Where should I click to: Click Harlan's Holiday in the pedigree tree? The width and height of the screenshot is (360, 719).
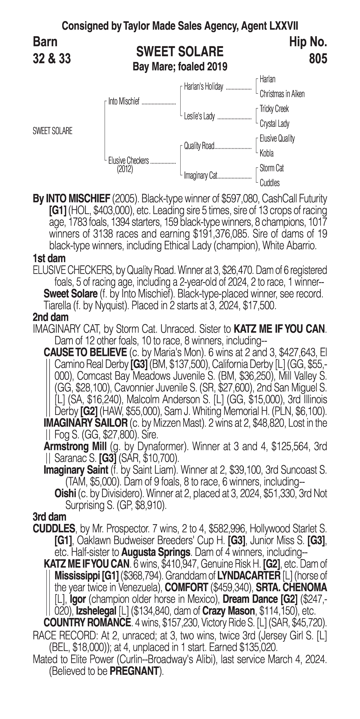tap(203, 87)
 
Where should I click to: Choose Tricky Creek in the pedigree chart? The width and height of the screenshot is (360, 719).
tap(274, 109)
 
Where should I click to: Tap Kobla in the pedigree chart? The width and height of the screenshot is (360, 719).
tap(267, 153)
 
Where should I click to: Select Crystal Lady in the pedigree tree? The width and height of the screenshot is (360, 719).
tap(274, 124)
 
